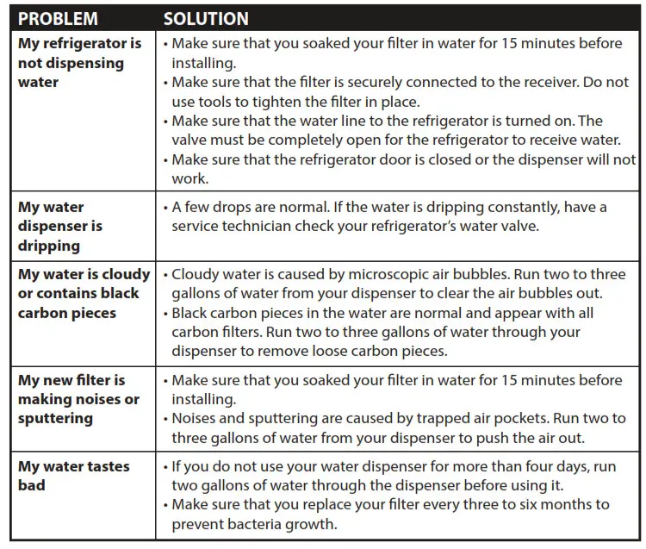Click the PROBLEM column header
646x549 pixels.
[x=59, y=18]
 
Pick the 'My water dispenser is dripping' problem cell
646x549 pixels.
[x=60, y=227]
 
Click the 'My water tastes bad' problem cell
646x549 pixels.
[x=74, y=476]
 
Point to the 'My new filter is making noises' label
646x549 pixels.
[x=78, y=399]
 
